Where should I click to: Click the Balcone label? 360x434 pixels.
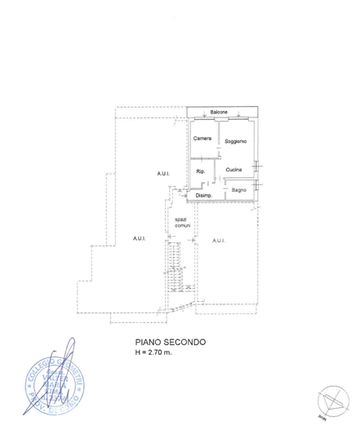coord(219,112)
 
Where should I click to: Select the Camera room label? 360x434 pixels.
coord(202,138)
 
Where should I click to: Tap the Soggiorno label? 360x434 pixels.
coord(236,141)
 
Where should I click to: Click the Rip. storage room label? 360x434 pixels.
coord(200,171)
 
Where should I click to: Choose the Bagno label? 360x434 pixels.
coord(238,190)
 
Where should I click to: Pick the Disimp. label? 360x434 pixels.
coord(203,196)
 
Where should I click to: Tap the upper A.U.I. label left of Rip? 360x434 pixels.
coord(164,174)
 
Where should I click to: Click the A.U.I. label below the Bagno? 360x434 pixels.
coord(219,240)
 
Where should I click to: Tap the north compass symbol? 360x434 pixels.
coord(333,402)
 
